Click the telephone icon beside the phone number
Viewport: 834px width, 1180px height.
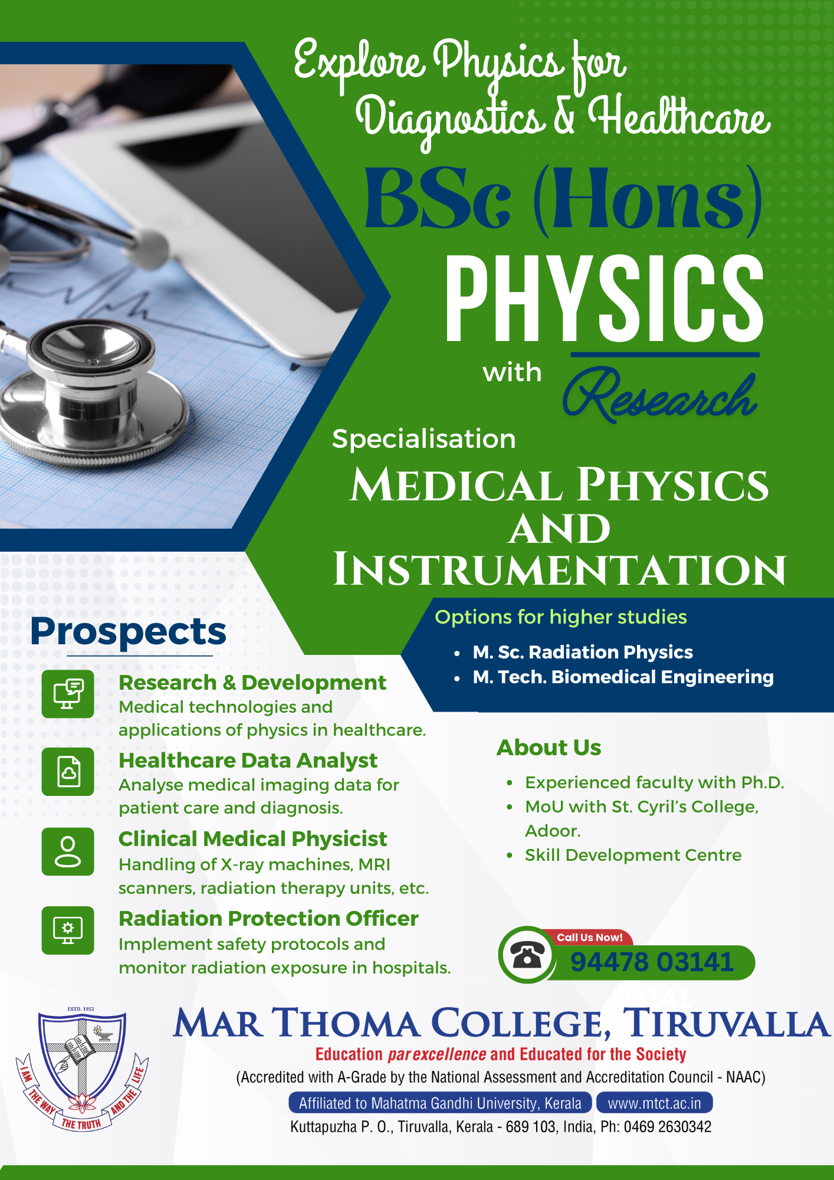point(527,955)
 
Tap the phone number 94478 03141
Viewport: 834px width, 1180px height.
point(652,962)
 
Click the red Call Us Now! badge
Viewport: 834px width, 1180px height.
point(589,938)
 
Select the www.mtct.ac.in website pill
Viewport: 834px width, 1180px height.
point(654,1103)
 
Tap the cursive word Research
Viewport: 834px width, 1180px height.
point(659,395)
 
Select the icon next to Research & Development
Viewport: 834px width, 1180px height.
point(68,694)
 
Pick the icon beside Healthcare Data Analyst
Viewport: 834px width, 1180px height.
point(68,772)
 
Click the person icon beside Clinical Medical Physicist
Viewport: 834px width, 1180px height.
point(68,851)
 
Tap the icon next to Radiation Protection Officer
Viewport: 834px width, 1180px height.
point(68,930)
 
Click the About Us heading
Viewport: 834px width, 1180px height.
point(549,748)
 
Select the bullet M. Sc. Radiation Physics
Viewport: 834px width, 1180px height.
point(583,652)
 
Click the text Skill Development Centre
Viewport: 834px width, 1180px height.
point(633,855)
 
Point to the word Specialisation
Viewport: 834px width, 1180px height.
point(423,440)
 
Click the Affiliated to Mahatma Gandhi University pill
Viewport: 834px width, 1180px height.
point(440,1103)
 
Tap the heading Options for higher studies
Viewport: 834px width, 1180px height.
point(561,617)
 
